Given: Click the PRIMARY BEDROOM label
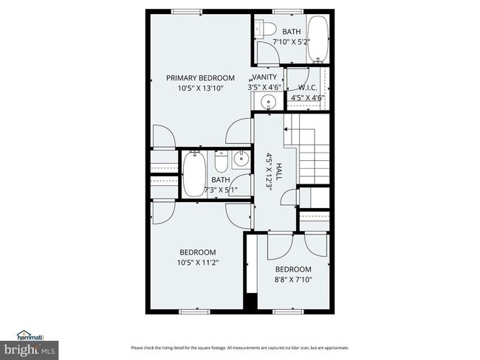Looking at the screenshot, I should tap(200, 77).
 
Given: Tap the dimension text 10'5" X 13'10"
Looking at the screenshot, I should tap(200, 89).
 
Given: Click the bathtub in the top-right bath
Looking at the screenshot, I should tap(318, 38).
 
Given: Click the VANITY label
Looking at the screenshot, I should tap(264, 77).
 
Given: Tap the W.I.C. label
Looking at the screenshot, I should tap(308, 87).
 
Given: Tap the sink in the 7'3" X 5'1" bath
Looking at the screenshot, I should tap(241, 158).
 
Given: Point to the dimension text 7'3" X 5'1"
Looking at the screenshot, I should tap(221, 190).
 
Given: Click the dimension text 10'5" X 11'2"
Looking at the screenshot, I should tap(198, 262).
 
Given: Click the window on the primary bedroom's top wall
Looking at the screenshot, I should tap(187, 12).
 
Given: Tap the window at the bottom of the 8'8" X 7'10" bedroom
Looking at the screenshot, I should tap(288, 311).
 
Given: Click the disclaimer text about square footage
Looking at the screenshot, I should tap(239, 347).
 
